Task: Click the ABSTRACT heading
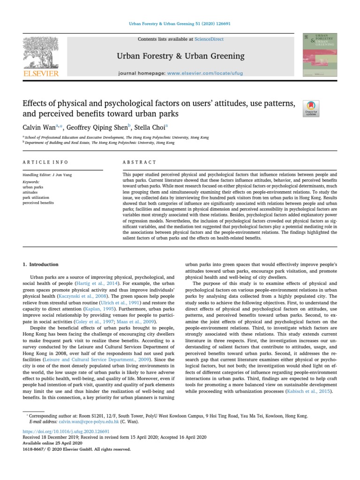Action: coord(139,162)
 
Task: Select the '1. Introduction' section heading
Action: coord(41,264)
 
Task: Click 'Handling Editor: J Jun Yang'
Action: coord(49,175)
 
